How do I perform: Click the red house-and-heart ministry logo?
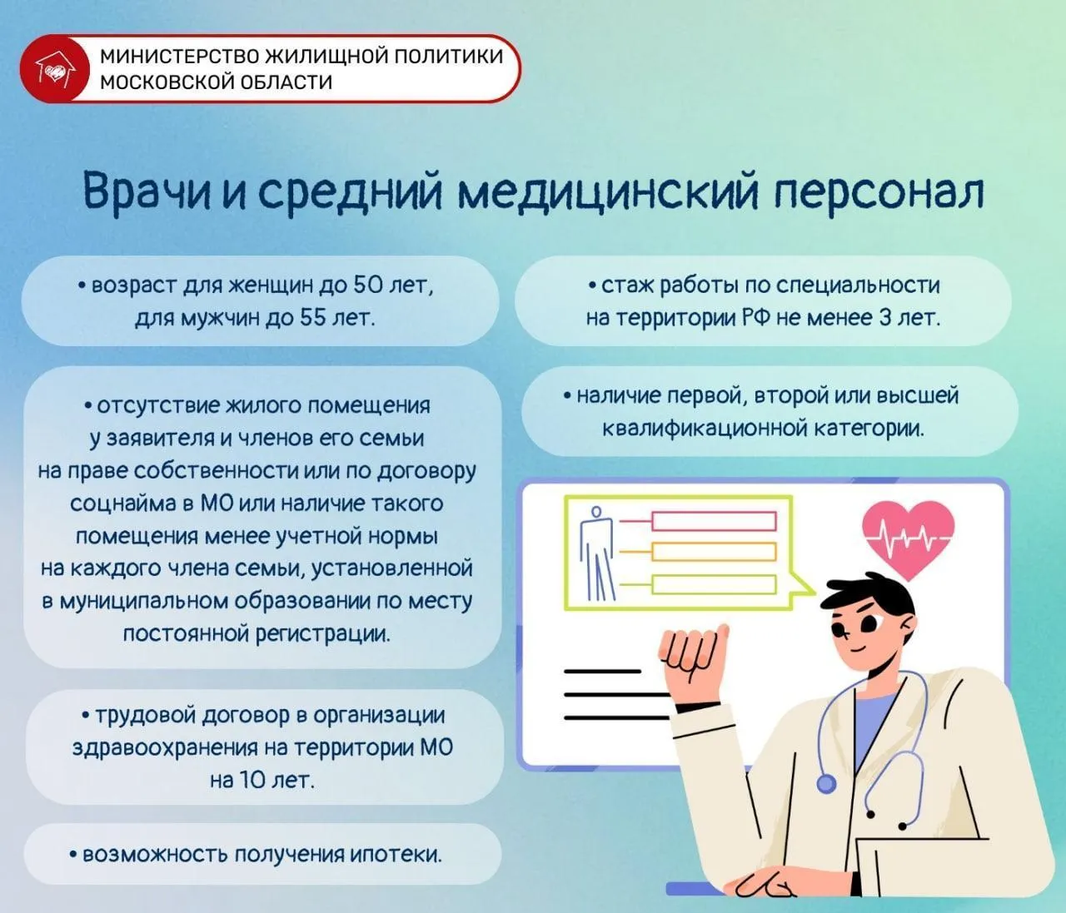tap(55, 69)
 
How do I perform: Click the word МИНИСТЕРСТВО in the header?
tap(179, 57)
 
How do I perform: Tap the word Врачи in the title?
tap(147, 193)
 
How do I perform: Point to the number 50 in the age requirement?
tap(366, 285)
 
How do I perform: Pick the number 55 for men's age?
tap(312, 318)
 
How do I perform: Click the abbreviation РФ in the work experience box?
tap(756, 318)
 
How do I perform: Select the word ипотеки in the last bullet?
tap(396, 855)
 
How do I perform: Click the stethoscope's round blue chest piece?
tap(826, 784)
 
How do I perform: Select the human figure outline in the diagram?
tap(596, 553)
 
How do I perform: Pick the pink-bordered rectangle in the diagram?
tap(715, 521)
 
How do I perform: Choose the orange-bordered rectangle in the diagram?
tap(715, 552)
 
